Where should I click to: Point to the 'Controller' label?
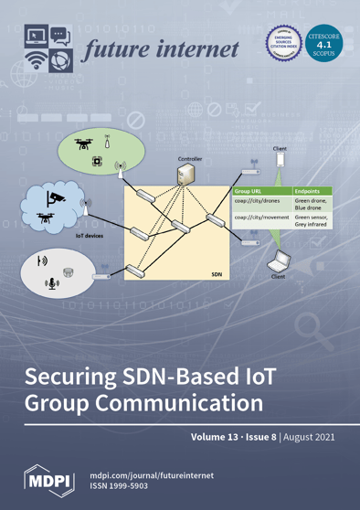(x=190, y=159)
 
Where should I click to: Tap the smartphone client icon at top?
(x=281, y=162)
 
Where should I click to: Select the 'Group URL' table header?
(x=249, y=194)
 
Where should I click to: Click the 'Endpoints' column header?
(x=308, y=194)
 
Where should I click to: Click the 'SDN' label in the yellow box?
(x=217, y=272)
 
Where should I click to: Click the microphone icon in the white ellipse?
(x=51, y=283)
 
